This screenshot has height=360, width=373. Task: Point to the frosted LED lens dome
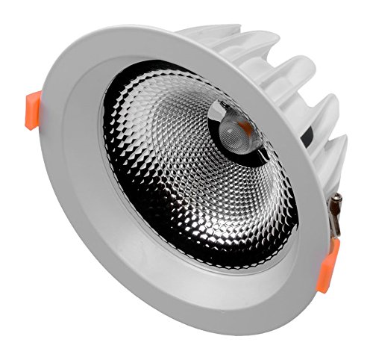point(237,133)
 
